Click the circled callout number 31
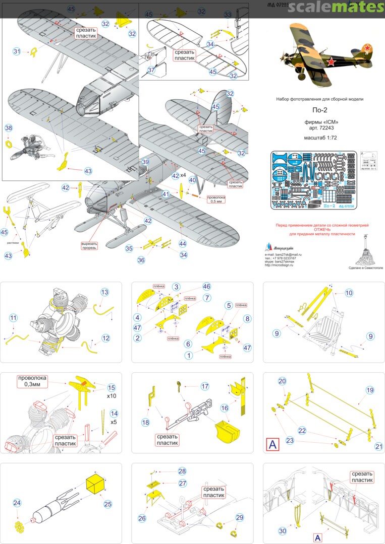pyautogui.click(x=17, y=51)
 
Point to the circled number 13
pyautogui.click(x=104, y=292)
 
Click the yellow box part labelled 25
pyautogui.click(x=96, y=484)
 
